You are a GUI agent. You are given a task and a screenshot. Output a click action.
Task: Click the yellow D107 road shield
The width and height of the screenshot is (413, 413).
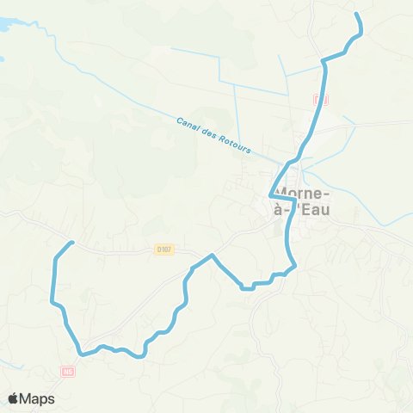(164, 250)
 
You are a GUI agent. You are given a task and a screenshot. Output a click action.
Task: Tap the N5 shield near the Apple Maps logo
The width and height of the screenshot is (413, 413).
(69, 372)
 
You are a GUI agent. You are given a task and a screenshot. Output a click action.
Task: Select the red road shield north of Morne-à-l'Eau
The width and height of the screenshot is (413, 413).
(321, 100)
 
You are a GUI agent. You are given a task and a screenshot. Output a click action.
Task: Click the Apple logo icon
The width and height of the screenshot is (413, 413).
(14, 398)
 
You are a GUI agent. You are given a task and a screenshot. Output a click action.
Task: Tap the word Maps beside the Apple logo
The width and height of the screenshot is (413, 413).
(38, 398)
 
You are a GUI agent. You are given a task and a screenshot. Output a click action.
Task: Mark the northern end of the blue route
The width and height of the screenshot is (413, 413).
(357, 15)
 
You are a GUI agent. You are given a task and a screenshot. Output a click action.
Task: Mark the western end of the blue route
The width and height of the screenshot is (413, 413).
(73, 243)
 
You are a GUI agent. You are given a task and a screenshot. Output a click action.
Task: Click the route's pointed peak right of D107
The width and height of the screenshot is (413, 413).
(212, 256)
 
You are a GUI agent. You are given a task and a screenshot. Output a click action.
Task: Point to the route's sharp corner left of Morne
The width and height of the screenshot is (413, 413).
(272, 194)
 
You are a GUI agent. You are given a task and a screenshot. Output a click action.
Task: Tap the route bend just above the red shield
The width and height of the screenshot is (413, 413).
(324, 60)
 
